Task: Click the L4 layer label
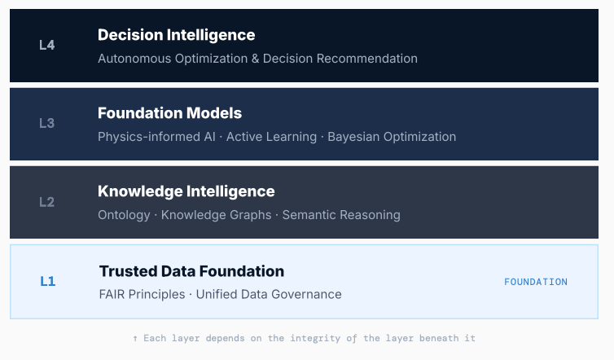pos(47,45)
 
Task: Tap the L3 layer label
pos(47,124)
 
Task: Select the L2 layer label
pos(47,202)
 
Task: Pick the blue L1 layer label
pos(48,281)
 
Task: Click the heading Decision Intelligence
pos(176,35)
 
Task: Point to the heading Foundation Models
pos(169,113)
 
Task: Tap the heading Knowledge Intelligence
pos(186,191)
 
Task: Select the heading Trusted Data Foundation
pos(191,271)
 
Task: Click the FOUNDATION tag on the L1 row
pos(536,282)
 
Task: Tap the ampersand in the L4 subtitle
pos(256,59)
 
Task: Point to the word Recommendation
pos(367,59)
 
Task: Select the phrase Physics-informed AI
pos(156,137)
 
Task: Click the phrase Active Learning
pos(271,137)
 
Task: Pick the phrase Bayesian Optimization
pos(392,137)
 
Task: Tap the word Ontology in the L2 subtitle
pos(124,215)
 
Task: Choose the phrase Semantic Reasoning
pos(341,215)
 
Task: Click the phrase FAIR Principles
pos(142,294)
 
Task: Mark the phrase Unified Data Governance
pos(269,294)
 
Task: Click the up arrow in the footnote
pos(135,338)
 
